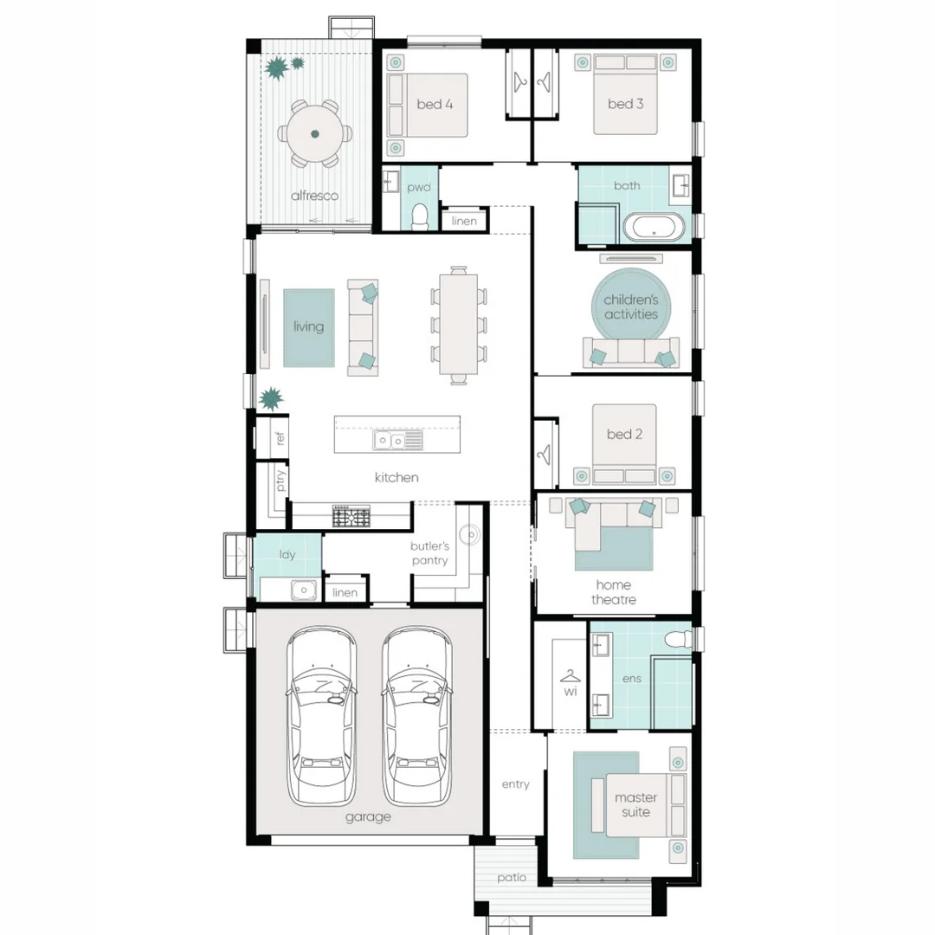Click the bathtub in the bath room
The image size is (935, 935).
tap(654, 227)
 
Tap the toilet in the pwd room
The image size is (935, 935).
tap(421, 216)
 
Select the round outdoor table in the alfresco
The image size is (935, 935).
tap(315, 134)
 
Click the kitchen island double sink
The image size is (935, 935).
tap(397, 440)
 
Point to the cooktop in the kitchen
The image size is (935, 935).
tap(351, 516)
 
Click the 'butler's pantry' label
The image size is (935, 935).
tap(429, 553)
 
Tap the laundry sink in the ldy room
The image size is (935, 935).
tap(304, 590)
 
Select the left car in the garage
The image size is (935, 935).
tap(322, 716)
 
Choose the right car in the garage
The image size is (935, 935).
tap(416, 716)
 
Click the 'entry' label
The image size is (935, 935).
tap(516, 784)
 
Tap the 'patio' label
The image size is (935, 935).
tap(512, 878)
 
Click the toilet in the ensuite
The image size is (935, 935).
tap(678, 640)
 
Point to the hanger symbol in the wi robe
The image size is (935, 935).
tap(570, 676)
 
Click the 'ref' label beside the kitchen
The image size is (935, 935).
tap(280, 438)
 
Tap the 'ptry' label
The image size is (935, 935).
tap(280, 480)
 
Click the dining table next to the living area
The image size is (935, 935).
tap(459, 325)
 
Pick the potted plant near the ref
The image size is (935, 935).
tap(271, 398)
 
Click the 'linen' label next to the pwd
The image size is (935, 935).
tap(464, 222)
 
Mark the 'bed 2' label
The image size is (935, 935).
tap(624, 434)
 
